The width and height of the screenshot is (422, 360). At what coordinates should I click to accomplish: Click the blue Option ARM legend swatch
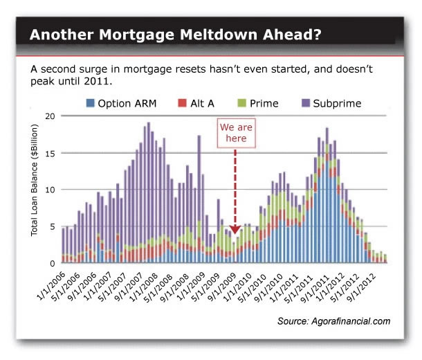pyautogui.click(x=90, y=104)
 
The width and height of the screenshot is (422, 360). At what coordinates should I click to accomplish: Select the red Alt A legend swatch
pyautogui.click(x=182, y=104)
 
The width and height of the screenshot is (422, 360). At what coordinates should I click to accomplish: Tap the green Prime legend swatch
pyautogui.click(x=241, y=104)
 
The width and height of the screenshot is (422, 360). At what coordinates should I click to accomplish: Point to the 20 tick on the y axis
pyautogui.click(x=49, y=116)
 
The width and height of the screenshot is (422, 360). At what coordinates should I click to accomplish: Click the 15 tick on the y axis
pyautogui.click(x=49, y=152)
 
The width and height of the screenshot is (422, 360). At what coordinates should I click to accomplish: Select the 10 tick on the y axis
pyautogui.click(x=49, y=189)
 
